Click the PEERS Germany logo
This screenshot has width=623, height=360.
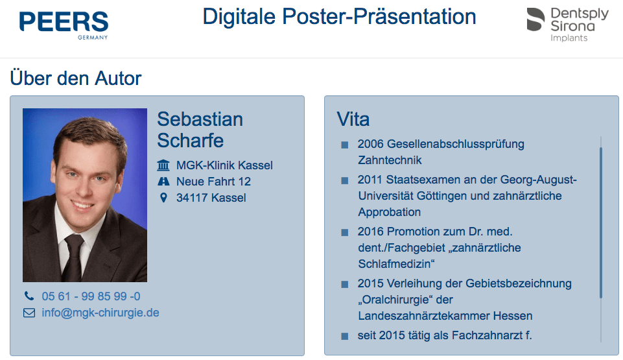click(x=64, y=25)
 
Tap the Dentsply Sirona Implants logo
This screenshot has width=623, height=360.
click(x=567, y=25)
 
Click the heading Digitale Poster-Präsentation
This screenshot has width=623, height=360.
click(x=339, y=17)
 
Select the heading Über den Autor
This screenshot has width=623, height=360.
click(x=75, y=78)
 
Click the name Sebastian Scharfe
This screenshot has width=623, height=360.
click(x=200, y=130)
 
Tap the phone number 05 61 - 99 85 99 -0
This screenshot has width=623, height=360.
click(x=91, y=296)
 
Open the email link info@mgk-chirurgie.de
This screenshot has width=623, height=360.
click(x=100, y=313)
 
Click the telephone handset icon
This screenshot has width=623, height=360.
click(x=29, y=296)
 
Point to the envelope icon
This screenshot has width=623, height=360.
click(x=29, y=313)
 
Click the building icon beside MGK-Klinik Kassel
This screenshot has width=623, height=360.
click(x=163, y=165)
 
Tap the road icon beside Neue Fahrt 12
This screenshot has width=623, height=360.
click(x=163, y=182)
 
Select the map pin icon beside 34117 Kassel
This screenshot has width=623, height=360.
click(x=163, y=197)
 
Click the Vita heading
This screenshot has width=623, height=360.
click(x=353, y=119)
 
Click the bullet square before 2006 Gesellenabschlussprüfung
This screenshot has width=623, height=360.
click(x=344, y=145)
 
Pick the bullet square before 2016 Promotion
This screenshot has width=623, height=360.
click(x=344, y=232)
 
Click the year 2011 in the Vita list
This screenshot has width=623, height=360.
click(x=370, y=180)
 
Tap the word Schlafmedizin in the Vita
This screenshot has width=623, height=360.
click(x=394, y=264)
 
